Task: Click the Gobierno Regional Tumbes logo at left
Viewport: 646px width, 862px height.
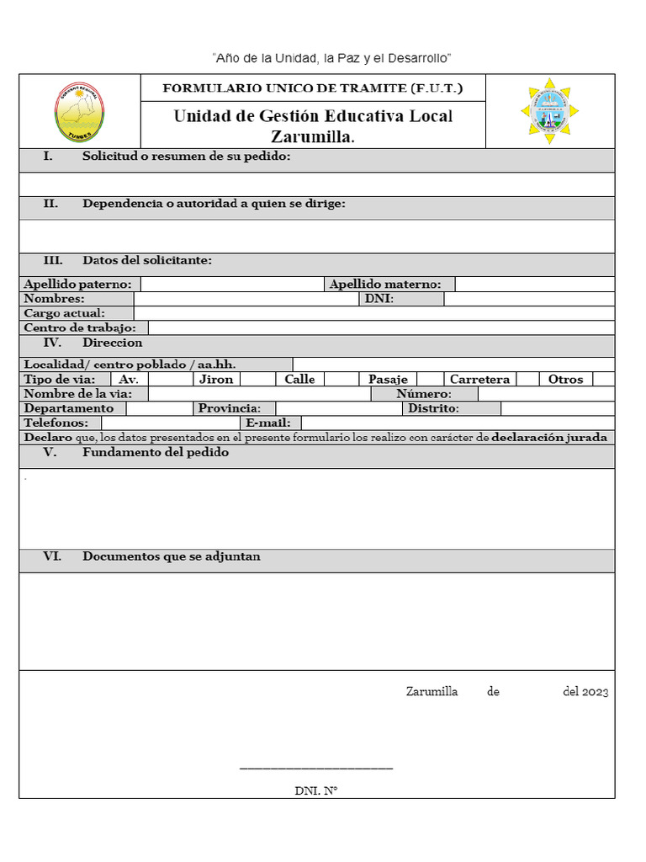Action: tap(80, 112)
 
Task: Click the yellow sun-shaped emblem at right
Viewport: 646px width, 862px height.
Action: tap(549, 111)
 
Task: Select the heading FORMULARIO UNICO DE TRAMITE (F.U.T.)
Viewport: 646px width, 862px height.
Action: tap(312, 88)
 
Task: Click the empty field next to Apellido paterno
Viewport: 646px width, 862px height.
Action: tap(231, 285)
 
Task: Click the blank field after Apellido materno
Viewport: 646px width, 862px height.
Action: tap(534, 285)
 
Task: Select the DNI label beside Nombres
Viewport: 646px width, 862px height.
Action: tap(379, 299)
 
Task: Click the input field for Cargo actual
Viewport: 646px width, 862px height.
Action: tap(374, 313)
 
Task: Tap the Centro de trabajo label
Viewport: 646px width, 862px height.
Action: tap(84, 327)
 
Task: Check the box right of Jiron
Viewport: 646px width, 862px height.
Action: tap(257, 380)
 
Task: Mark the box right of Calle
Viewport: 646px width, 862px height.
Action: tap(341, 380)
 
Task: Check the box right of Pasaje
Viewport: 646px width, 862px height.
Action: tap(430, 380)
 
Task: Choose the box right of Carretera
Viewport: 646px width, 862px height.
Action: tap(527, 380)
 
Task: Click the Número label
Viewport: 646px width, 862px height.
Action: tap(424, 394)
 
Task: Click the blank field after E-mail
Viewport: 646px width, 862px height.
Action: tap(458, 423)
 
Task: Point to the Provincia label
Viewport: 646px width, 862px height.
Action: tap(229, 408)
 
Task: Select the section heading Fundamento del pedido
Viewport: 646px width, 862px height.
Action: tap(156, 453)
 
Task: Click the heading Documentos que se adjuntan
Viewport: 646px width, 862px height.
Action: tap(171, 556)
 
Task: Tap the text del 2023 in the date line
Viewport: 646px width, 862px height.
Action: tap(585, 692)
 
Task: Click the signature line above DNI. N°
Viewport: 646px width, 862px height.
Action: tap(316, 768)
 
